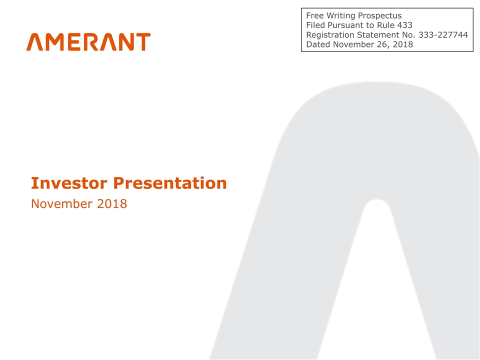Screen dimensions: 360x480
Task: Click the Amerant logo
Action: (88, 42)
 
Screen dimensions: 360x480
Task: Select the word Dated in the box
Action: (318, 44)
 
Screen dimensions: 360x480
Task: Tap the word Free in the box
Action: (314, 15)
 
